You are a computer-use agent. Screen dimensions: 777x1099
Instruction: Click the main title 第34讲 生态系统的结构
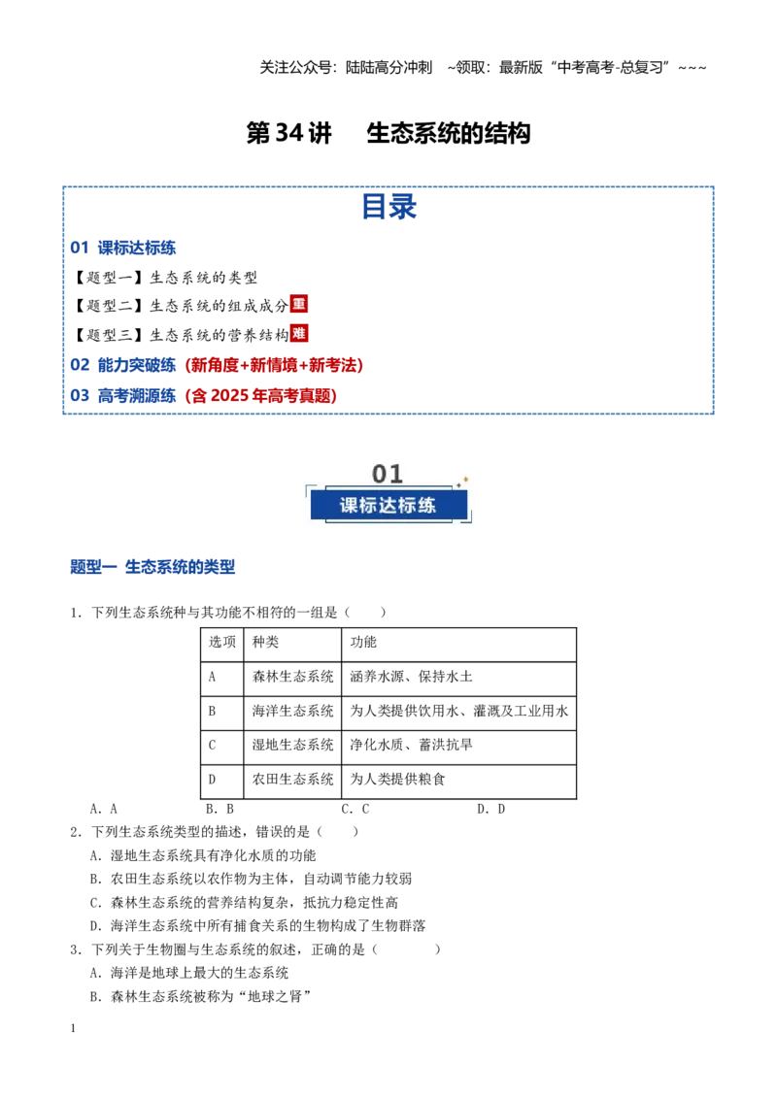pos(388,133)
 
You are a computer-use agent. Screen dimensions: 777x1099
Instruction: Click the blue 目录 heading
pos(388,207)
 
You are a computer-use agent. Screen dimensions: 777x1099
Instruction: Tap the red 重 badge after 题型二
pos(299,304)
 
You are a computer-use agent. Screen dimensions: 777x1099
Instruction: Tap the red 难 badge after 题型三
pos(299,334)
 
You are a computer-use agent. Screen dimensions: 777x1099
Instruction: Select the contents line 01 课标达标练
pos(122,248)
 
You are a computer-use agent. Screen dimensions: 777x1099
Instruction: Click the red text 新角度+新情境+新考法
pos(274,365)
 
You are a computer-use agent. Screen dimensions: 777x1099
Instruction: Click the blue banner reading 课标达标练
pos(388,506)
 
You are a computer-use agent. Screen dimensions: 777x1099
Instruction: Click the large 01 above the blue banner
pos(388,475)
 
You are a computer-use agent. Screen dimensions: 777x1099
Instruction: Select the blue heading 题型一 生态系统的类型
pos(152,567)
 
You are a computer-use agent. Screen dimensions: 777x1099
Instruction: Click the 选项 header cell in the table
pos(222,642)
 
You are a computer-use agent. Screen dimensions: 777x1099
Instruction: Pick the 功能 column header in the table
pos(363,642)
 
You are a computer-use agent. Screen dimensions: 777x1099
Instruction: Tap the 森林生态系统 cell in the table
pos(292,677)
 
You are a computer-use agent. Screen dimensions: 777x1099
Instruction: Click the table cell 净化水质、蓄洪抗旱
pos(411,745)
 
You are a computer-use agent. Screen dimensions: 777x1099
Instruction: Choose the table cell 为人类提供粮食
pos(397,780)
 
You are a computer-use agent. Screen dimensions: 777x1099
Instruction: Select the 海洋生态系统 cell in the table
pos(292,712)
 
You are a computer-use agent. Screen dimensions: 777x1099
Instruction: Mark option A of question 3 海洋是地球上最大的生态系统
pos(189,973)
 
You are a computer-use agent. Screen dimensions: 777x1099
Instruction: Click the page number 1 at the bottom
pos(73,1028)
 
